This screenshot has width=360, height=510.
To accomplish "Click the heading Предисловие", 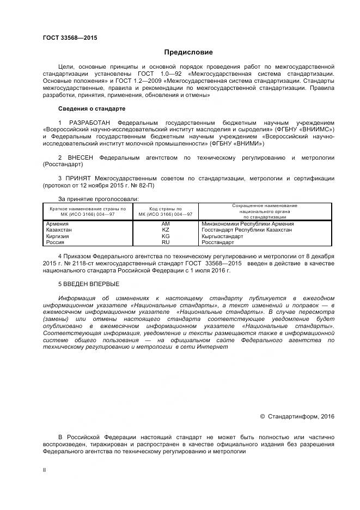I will [x=188, y=52].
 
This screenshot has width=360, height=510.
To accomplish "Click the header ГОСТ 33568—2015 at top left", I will [x=66, y=38].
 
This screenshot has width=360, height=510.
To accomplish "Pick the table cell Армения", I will [x=57, y=224].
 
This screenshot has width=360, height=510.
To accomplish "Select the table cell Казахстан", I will [x=59, y=230].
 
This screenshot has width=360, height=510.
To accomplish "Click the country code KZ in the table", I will [x=166, y=230].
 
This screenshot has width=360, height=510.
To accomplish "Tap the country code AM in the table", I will [x=166, y=224].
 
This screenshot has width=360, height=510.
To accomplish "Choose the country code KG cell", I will [x=166, y=236].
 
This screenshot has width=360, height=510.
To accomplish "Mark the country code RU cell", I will [x=166, y=242].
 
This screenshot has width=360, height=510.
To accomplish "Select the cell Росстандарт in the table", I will [x=217, y=242].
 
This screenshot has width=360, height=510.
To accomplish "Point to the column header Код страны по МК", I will [x=166, y=211].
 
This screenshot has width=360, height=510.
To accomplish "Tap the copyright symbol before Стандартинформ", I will [x=262, y=416].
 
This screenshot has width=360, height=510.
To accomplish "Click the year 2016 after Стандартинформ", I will [x=328, y=416].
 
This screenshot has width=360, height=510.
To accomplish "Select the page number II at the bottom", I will [x=45, y=469].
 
